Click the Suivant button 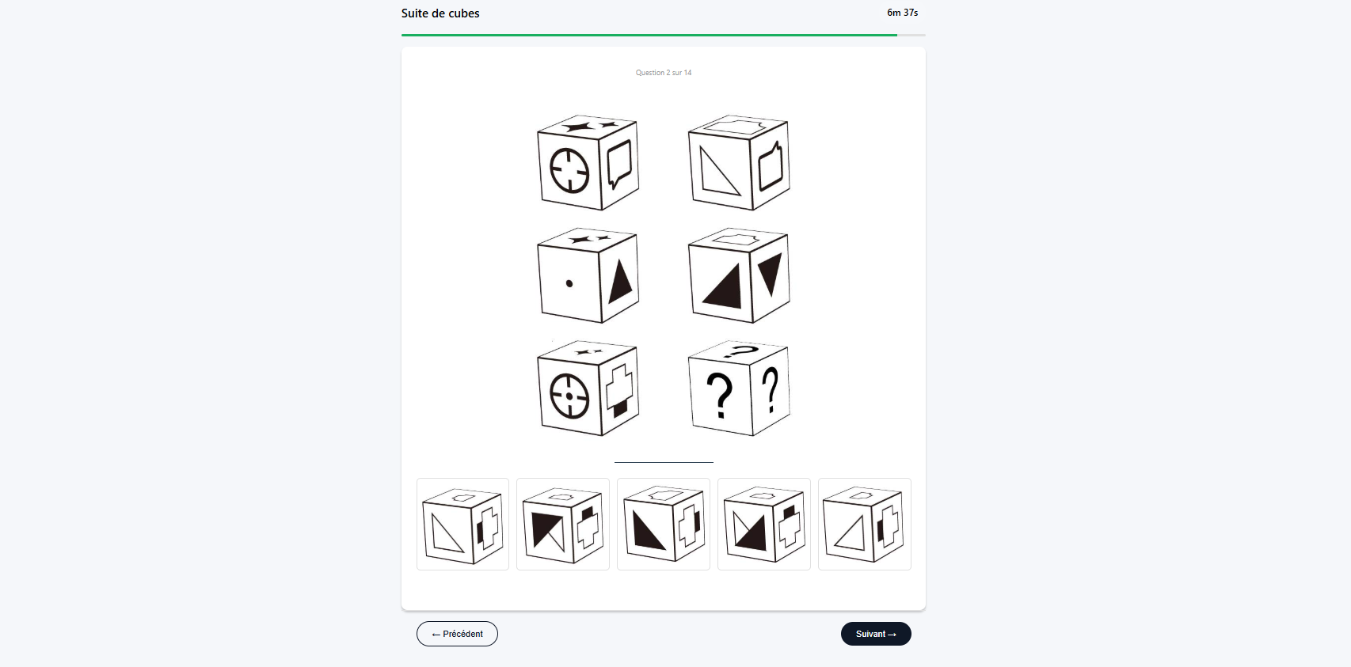click(876, 634)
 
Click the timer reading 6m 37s click(902, 13)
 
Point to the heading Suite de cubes click(440, 13)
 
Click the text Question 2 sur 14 click(664, 72)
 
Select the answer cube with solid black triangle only click(664, 525)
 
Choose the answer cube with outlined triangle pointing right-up click(864, 525)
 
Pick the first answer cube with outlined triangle click(462, 525)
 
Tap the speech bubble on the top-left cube click(619, 165)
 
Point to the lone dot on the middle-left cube click(569, 283)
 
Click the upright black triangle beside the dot click(620, 282)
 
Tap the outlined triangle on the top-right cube click(720, 171)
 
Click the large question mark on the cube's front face click(720, 396)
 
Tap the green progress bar click(649, 35)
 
